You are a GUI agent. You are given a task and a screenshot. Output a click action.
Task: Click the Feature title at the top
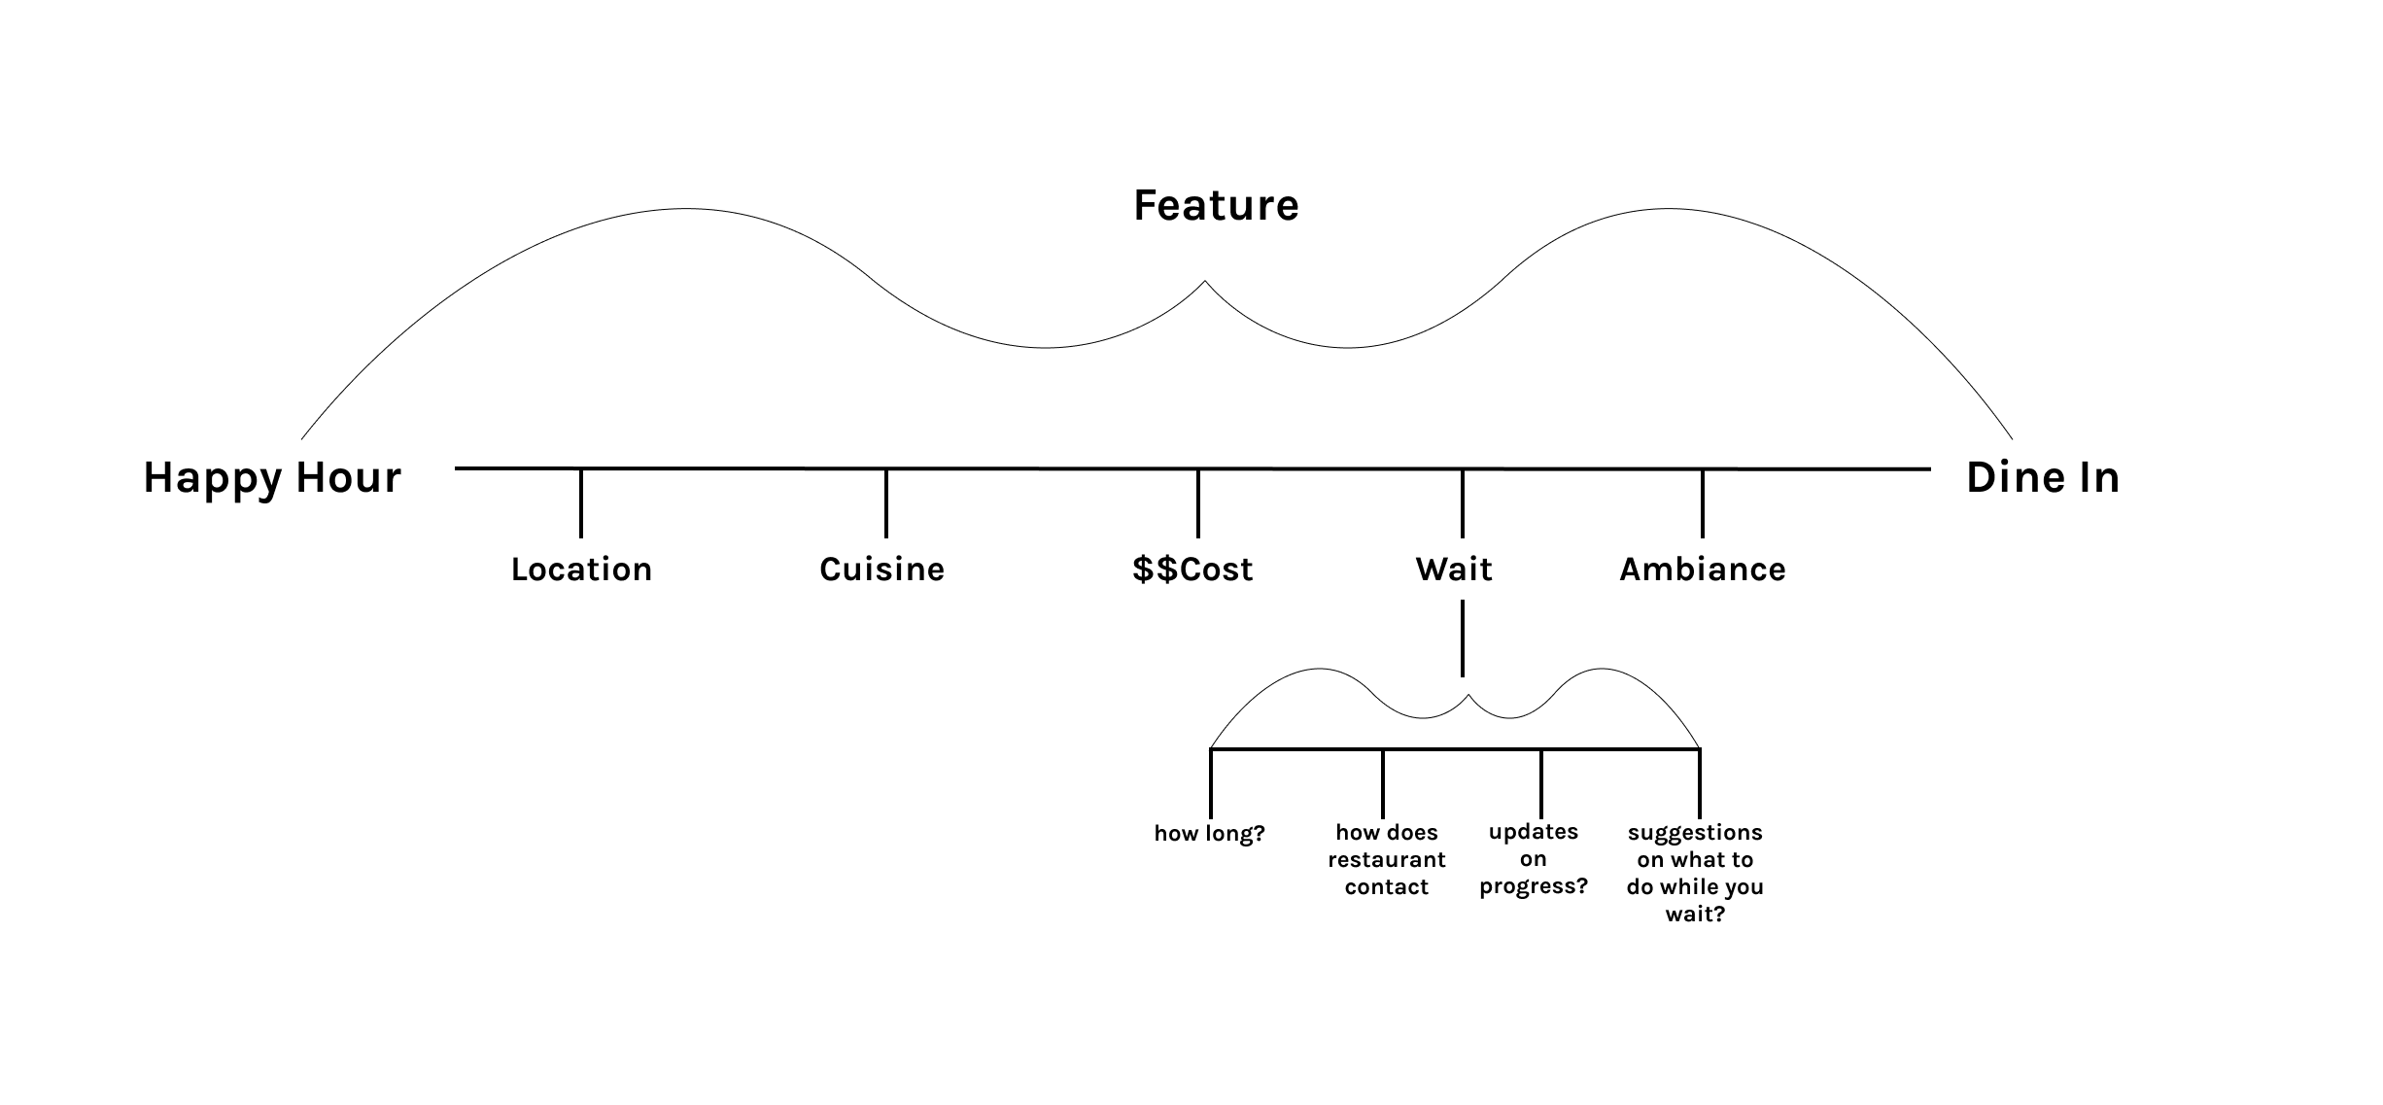(x=1216, y=206)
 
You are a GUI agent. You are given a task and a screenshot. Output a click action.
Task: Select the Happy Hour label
(x=272, y=478)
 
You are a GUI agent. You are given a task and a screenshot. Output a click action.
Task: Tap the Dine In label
(x=2043, y=478)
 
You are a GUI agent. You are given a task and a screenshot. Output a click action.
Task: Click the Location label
(x=581, y=570)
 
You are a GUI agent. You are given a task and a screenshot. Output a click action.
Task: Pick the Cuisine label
(x=881, y=570)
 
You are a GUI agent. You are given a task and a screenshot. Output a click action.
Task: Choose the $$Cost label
(x=1192, y=570)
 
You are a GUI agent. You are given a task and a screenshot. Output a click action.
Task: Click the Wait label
(x=1454, y=570)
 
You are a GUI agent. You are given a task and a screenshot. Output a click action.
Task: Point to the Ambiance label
(x=1703, y=570)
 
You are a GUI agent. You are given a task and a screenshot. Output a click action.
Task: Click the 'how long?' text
(x=1209, y=834)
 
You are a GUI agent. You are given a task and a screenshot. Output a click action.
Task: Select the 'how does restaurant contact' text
(x=1387, y=859)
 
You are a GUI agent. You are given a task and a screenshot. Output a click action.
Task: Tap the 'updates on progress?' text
(x=1534, y=859)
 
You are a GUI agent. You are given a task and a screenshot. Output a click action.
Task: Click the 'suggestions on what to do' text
(x=1695, y=873)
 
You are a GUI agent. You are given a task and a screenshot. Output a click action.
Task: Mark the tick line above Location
(x=581, y=503)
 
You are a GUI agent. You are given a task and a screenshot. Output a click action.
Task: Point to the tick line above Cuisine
(x=886, y=503)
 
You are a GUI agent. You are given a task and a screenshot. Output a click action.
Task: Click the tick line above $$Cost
(x=1198, y=503)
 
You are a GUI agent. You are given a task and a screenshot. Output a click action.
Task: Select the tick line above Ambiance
(x=1703, y=503)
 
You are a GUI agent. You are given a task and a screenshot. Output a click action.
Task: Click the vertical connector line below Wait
(x=1463, y=638)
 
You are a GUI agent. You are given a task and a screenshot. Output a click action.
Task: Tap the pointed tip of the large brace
(x=1205, y=282)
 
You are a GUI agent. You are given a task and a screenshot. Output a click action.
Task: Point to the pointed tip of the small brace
(x=1468, y=696)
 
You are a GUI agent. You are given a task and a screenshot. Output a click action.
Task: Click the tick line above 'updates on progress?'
(x=1541, y=783)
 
